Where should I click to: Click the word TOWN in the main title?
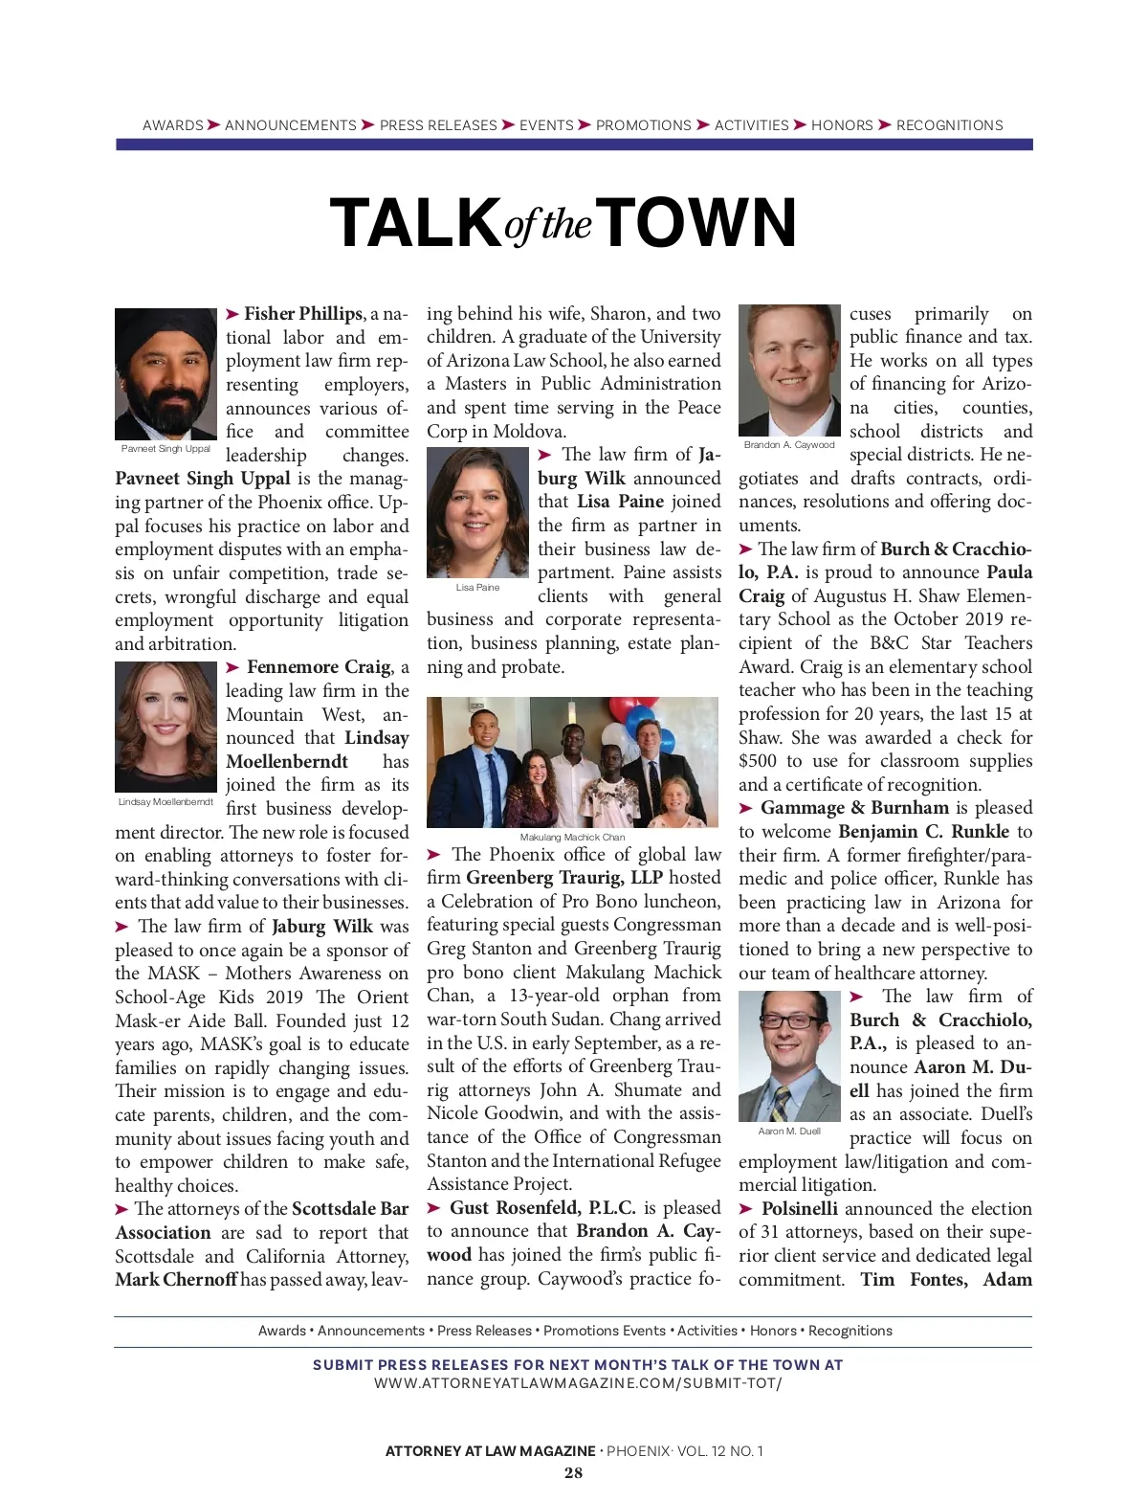point(700,223)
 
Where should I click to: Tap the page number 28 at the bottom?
point(573,1473)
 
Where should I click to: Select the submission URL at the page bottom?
point(577,1383)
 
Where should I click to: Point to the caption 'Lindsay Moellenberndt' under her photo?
point(166,801)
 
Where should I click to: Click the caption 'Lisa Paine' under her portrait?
point(477,587)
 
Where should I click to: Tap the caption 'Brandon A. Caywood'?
point(789,445)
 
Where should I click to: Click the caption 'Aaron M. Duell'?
point(789,1131)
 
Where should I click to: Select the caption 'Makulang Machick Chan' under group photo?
point(572,837)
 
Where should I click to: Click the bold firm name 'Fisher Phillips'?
point(303,314)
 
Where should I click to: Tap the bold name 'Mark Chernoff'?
point(175,1280)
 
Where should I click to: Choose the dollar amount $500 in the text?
point(757,761)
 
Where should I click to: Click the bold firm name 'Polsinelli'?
point(799,1209)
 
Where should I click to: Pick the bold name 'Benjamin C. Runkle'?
point(923,832)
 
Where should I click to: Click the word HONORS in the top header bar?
point(842,125)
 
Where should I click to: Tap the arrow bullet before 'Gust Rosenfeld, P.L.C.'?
point(434,1209)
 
